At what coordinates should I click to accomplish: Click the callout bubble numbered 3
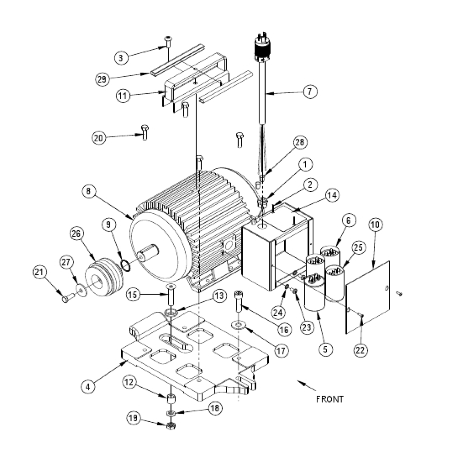pyautogui.click(x=121, y=58)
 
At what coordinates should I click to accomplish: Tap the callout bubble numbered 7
pyautogui.click(x=310, y=92)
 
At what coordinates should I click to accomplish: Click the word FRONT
pyautogui.click(x=330, y=399)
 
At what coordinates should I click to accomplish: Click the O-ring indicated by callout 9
pyautogui.click(x=125, y=265)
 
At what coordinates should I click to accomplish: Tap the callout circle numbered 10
pyautogui.click(x=375, y=225)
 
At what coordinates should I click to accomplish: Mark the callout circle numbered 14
pyautogui.click(x=333, y=195)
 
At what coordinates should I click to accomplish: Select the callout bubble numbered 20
pyautogui.click(x=99, y=138)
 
